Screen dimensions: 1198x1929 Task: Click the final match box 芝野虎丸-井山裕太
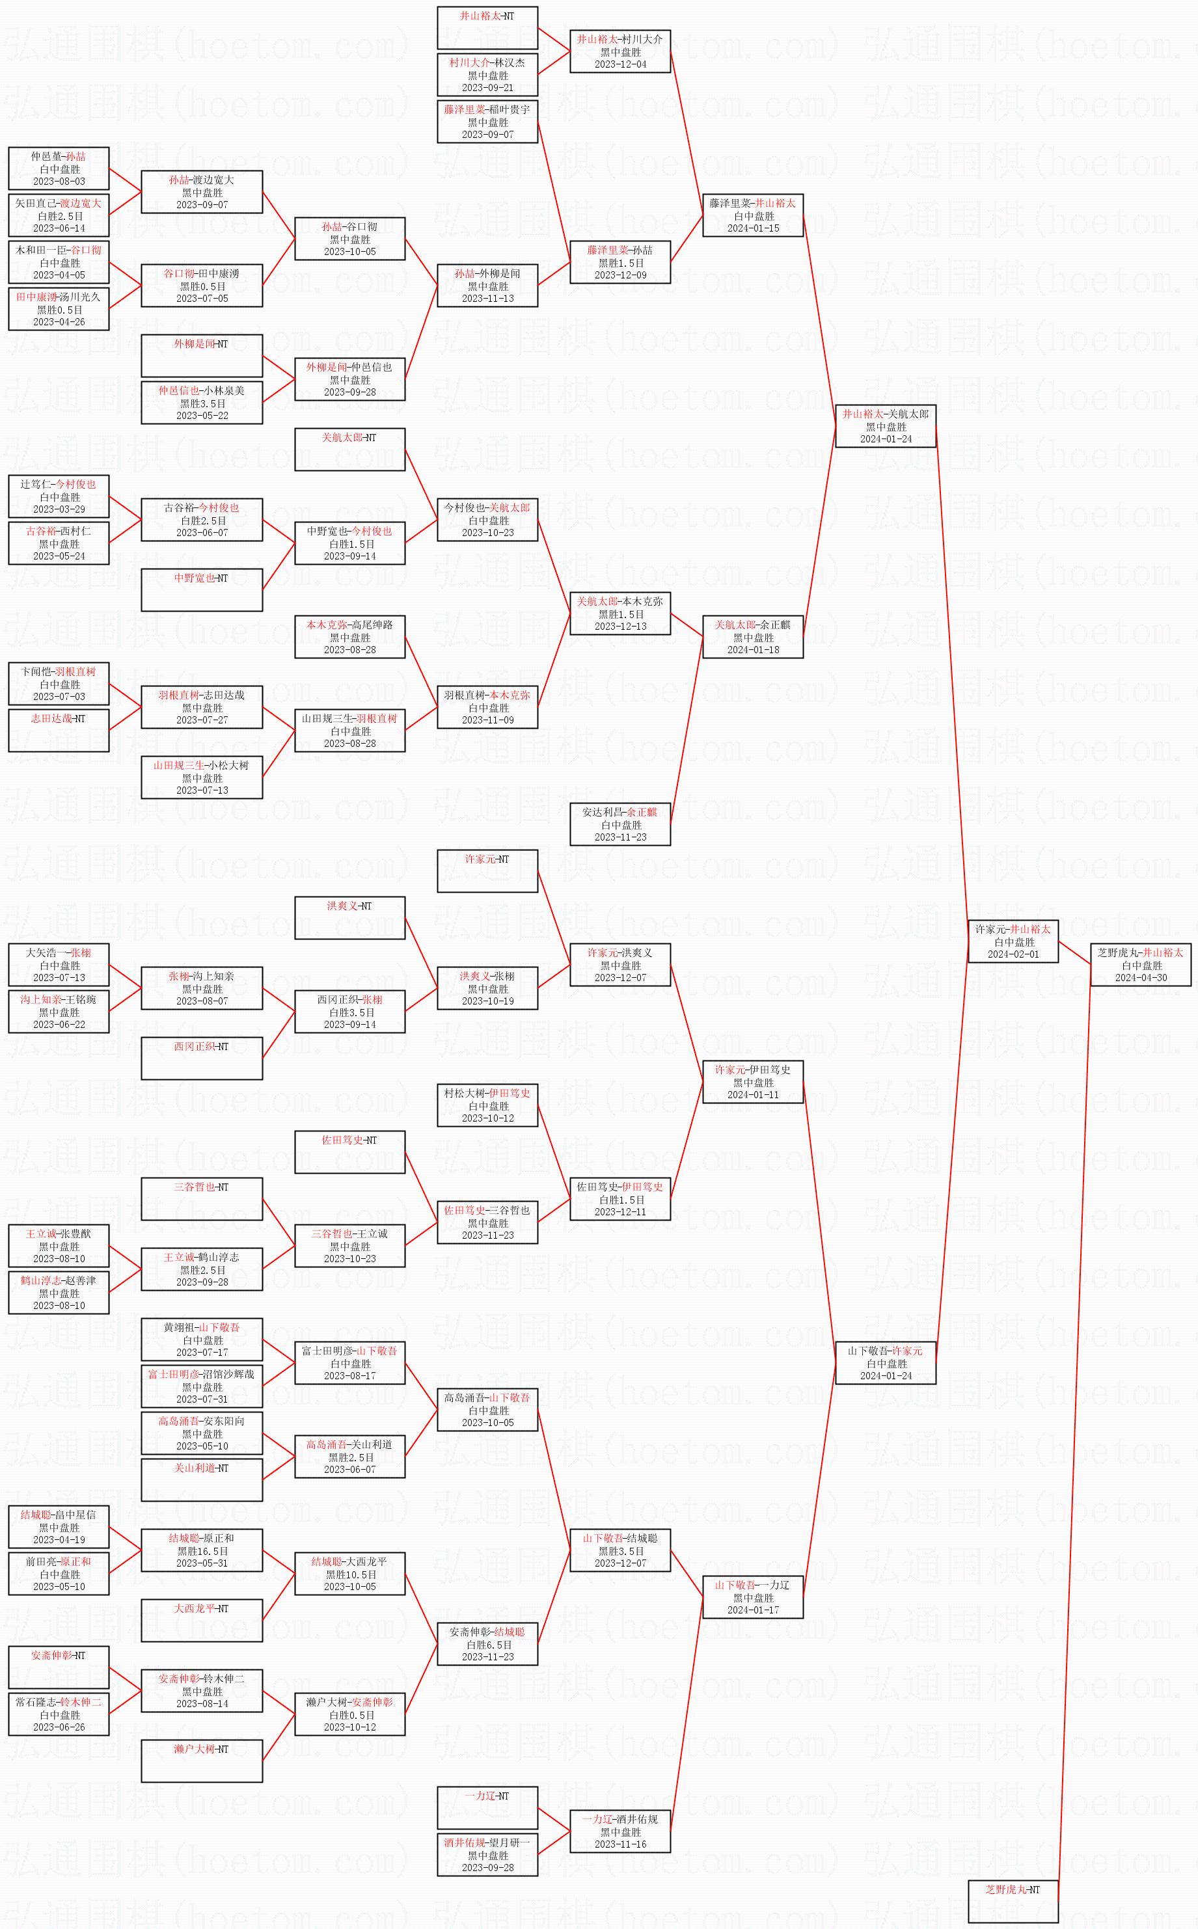[1140, 965]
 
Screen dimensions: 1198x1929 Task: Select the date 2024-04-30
[1141, 978]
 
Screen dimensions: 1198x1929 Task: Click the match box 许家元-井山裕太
[1013, 941]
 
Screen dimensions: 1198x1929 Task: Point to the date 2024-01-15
[753, 228]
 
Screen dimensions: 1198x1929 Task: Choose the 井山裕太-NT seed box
[487, 28]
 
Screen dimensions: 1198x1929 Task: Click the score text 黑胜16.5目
[202, 1551]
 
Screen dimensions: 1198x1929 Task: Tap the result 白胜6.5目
[487, 1645]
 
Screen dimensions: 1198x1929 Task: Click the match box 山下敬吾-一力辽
[753, 1597]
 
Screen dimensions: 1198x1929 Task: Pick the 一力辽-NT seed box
[487, 1808]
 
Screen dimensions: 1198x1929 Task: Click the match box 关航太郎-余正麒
[753, 637]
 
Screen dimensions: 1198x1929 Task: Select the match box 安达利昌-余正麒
[620, 824]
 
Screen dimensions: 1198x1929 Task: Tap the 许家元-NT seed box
[487, 870]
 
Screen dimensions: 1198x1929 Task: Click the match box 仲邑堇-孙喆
[59, 169]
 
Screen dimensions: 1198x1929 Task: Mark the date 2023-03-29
[59, 509]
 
